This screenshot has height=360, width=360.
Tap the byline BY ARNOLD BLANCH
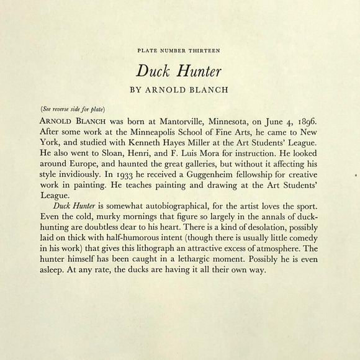[179, 89]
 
